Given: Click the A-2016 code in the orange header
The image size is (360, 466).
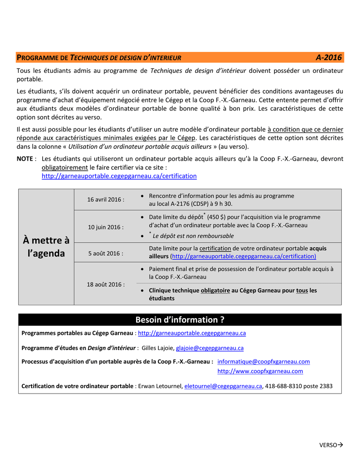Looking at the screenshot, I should click(x=328, y=57).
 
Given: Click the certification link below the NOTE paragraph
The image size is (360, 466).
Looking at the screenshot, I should click(x=119, y=176).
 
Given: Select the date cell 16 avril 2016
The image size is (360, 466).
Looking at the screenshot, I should click(x=106, y=200).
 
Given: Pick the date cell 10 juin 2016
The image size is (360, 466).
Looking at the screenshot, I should click(x=106, y=227).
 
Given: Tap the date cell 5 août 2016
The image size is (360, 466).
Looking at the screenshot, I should click(x=106, y=253).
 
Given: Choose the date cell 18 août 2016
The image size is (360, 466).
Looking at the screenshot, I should click(x=106, y=284).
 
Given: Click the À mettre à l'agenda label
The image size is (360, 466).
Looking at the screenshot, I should click(x=46, y=247).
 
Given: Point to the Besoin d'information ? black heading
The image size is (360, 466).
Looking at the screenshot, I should click(x=180, y=319).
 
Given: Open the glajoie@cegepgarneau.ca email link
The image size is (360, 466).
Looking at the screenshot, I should click(x=209, y=348).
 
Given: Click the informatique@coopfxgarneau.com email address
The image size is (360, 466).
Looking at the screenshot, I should click(x=264, y=361).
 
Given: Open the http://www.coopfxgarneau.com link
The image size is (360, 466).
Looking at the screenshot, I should click(x=260, y=371).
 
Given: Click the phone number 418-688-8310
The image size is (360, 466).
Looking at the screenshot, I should click(x=283, y=386).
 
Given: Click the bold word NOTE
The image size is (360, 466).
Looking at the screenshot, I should click(x=25, y=159).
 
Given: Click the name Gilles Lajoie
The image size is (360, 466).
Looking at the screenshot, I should click(x=158, y=348).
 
